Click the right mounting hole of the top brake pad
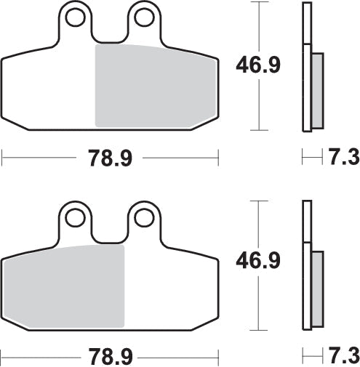click(144, 16)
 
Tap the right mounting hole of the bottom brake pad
click(144, 216)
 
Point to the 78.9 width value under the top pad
click(111, 158)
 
